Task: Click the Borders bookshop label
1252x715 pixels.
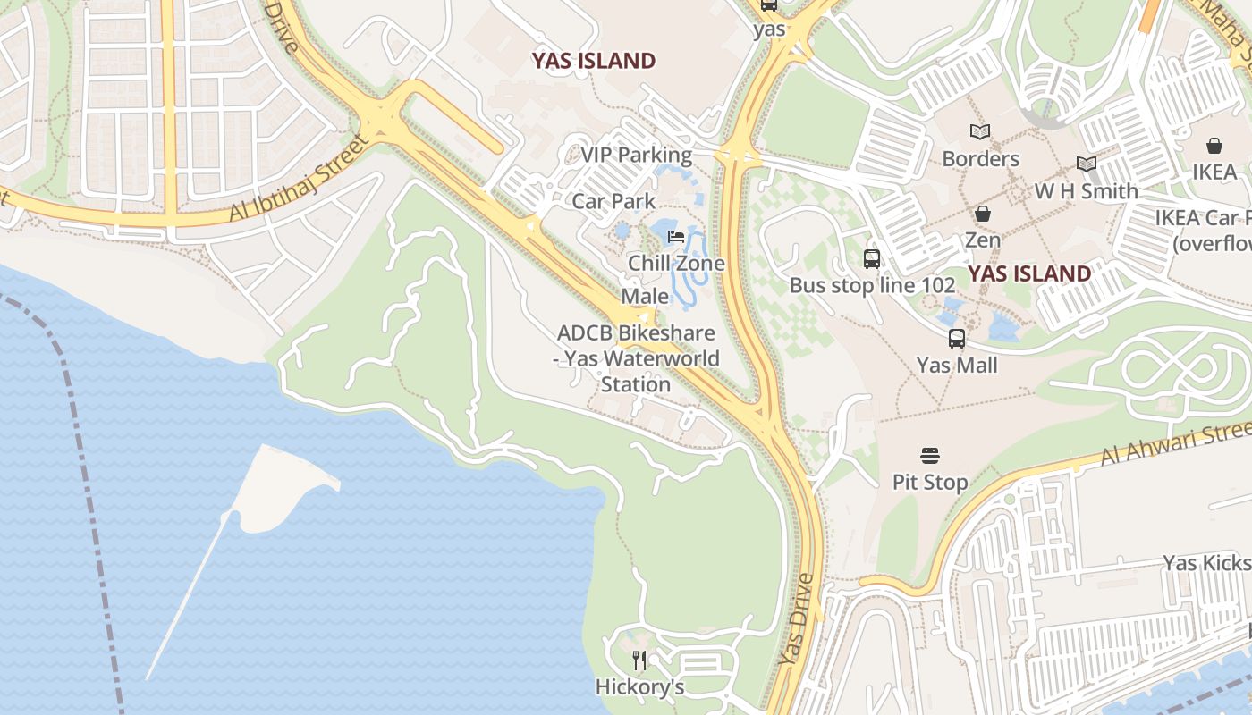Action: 980,159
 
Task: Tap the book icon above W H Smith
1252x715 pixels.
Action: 1087,164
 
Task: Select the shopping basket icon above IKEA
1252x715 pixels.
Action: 1214,146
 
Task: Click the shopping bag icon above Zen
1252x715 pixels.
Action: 982,214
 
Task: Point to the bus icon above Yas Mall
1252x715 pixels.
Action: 957,339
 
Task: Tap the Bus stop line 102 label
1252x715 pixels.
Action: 872,286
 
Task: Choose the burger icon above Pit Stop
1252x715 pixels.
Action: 930,456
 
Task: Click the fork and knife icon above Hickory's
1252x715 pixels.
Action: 639,660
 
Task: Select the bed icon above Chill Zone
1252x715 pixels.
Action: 676,237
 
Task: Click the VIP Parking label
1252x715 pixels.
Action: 636,155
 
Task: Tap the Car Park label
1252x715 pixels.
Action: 613,201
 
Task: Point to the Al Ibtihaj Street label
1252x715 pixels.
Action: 299,179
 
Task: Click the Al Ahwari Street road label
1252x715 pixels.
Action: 1172,443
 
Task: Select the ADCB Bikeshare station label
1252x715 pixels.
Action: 636,358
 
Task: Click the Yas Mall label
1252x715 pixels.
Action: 957,366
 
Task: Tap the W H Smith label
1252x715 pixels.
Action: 1086,191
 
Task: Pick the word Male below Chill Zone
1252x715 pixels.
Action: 645,296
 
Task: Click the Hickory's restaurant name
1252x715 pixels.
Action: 639,687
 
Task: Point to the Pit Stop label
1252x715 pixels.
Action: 930,483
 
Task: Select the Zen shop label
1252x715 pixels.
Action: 982,240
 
